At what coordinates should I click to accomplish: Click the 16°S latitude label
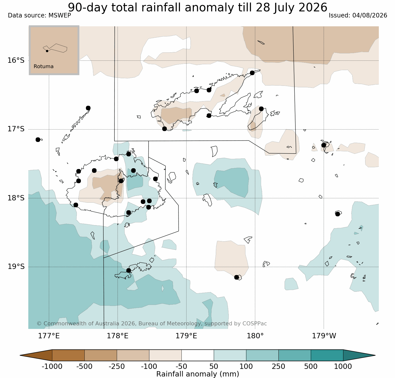16,60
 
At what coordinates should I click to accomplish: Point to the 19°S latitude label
16,267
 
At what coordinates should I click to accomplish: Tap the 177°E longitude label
49,336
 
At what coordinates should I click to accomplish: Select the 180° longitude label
255,336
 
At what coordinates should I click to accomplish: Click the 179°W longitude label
324,336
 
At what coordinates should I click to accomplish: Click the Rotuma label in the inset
43,67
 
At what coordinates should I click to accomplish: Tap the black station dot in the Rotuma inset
47,51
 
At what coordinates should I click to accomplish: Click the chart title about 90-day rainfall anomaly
198,7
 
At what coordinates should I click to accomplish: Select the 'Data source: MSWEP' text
39,15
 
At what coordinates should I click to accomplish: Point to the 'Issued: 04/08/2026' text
358,15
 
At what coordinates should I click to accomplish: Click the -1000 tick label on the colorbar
52,366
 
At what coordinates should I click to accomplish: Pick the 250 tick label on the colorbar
278,366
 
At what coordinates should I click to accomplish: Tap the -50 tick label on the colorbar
181,366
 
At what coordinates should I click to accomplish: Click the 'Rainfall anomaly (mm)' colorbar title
198,374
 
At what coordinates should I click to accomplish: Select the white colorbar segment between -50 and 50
198,355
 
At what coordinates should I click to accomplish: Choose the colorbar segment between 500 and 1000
327,355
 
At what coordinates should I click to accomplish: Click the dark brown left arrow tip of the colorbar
20,355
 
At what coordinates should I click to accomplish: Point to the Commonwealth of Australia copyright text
152,324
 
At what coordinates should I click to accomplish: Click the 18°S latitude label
16,198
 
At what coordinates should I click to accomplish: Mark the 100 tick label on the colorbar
246,366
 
